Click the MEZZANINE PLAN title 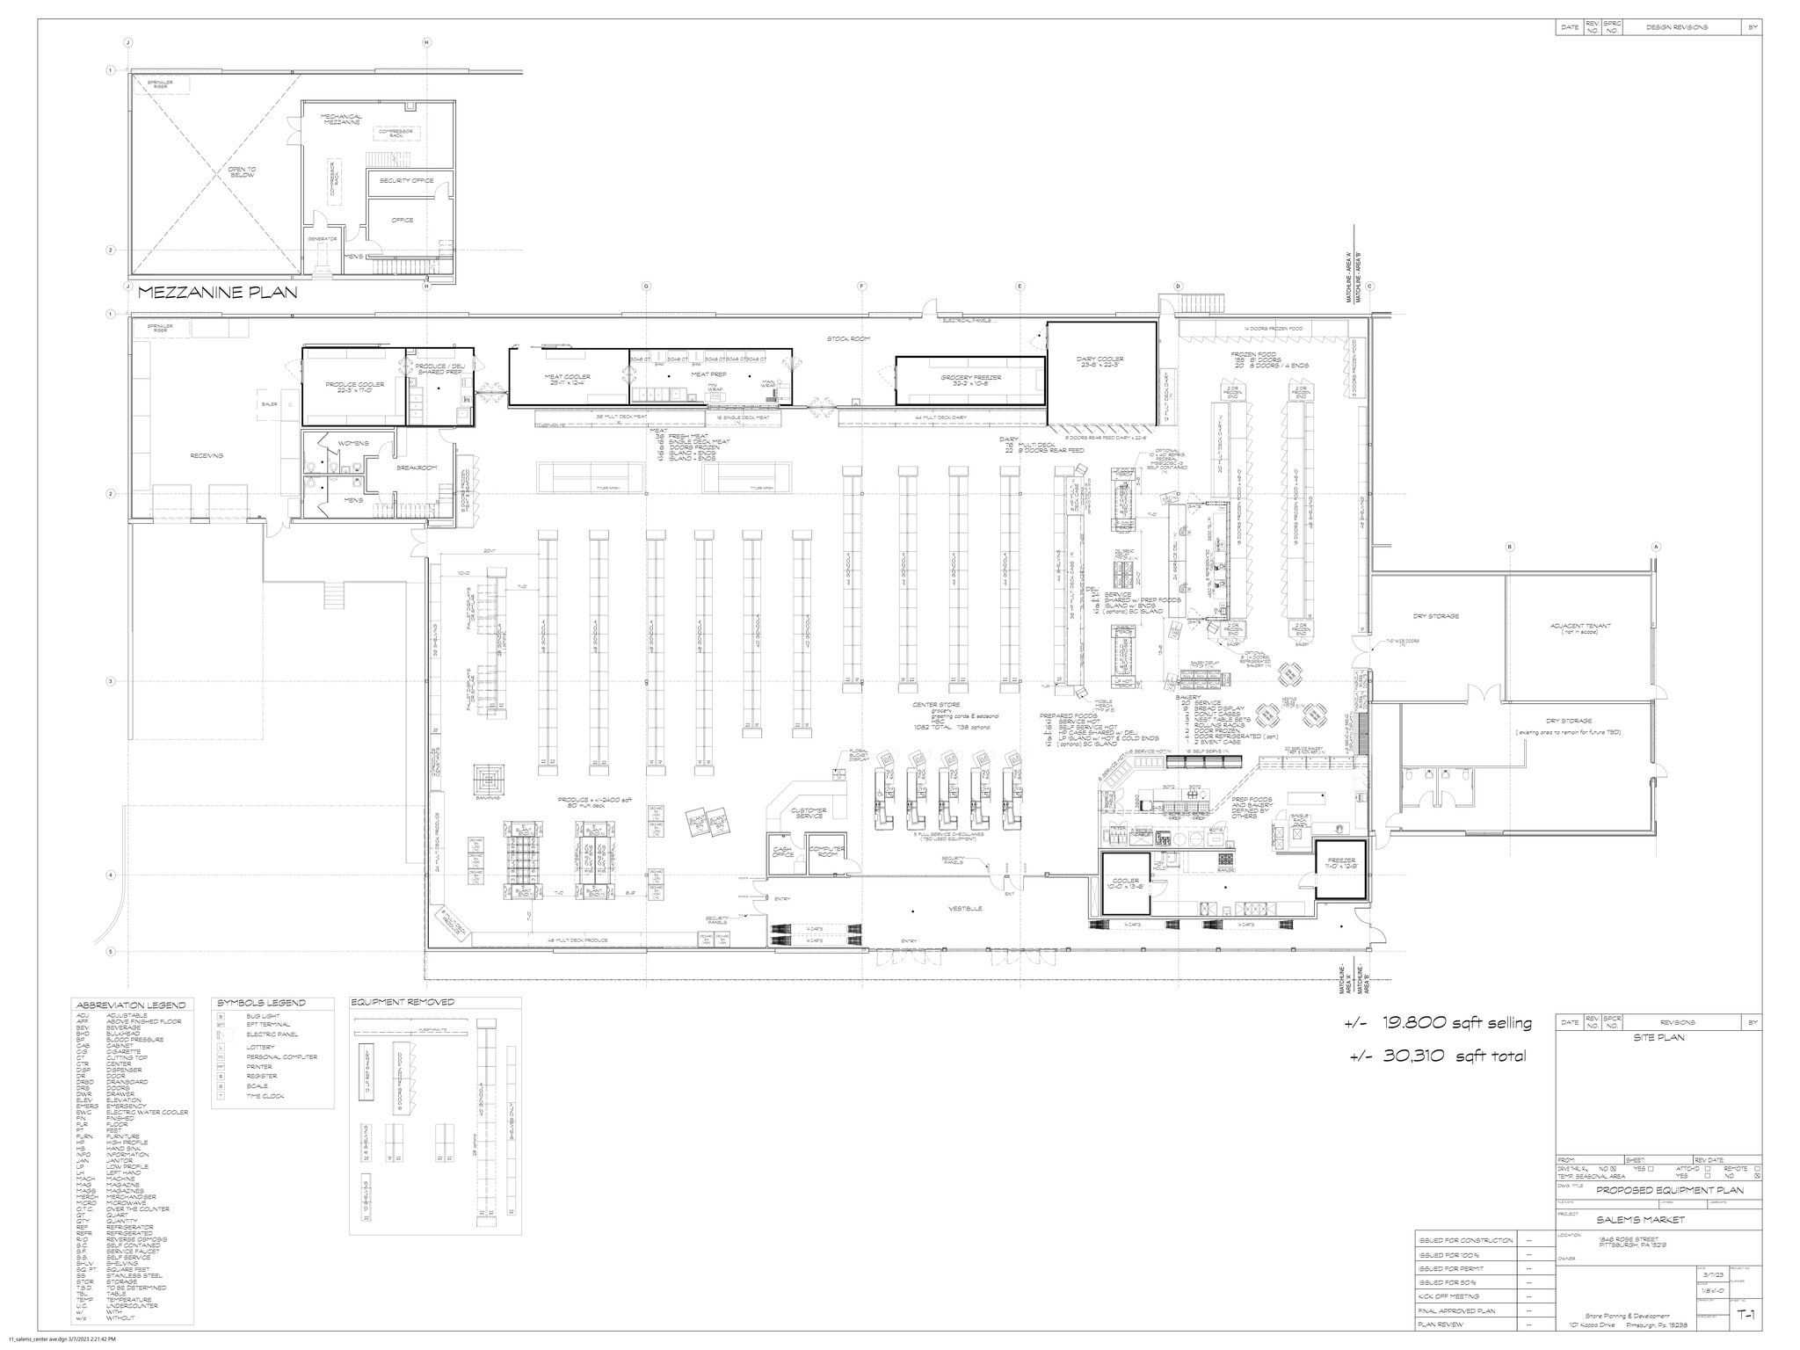pos(217,293)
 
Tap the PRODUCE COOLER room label pos(355,386)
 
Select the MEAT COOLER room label pos(568,380)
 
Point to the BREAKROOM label pos(417,468)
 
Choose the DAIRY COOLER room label pos(1100,362)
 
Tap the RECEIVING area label pos(207,455)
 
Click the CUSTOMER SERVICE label pos(809,813)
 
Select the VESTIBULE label pos(965,908)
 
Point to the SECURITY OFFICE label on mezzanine pos(407,180)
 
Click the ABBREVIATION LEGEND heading pos(131,1005)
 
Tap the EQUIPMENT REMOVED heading pos(403,1002)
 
